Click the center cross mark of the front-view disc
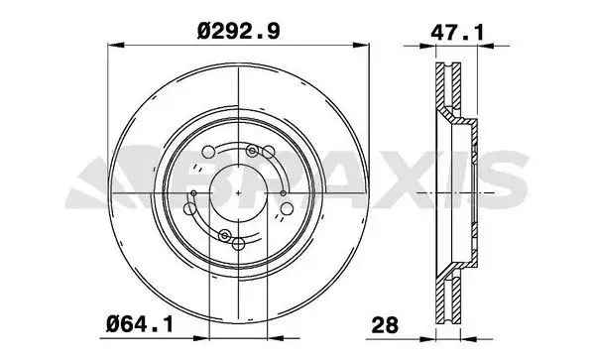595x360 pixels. click(x=241, y=190)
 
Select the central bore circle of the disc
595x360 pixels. click(x=241, y=190)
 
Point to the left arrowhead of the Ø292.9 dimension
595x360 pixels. click(x=113, y=44)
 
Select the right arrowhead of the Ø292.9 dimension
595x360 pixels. click(x=369, y=44)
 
